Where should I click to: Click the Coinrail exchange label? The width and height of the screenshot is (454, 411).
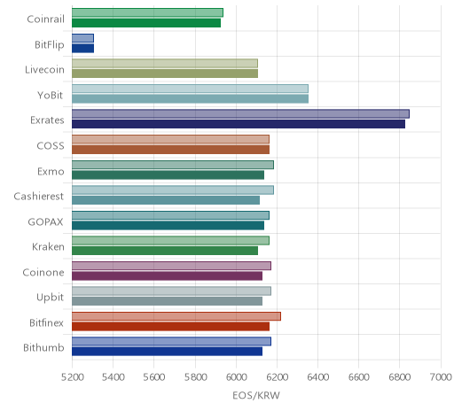click(45, 19)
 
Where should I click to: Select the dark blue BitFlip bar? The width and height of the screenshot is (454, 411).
click(82, 49)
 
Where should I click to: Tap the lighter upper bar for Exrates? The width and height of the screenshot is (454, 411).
click(240, 114)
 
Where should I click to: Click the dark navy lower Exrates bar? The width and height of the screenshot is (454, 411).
click(239, 124)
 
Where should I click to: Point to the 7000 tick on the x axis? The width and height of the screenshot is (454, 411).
click(441, 377)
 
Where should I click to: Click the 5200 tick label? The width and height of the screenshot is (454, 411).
click(73, 377)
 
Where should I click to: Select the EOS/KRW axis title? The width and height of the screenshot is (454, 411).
click(256, 395)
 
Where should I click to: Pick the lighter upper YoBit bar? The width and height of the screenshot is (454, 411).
click(190, 89)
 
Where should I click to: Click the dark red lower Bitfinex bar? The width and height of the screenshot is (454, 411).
click(170, 327)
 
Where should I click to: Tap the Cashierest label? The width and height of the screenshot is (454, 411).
click(39, 197)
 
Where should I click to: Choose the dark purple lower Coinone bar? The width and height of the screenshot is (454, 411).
click(167, 276)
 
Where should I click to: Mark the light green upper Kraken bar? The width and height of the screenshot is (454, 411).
click(170, 241)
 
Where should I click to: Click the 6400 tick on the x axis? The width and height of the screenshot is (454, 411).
click(317, 377)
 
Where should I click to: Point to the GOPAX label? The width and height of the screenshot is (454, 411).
click(45, 221)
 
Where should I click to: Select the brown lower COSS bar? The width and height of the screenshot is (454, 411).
click(170, 150)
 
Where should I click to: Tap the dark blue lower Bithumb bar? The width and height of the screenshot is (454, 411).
click(167, 352)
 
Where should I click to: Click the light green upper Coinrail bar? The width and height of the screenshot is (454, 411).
click(147, 13)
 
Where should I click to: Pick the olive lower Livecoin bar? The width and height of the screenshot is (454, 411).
click(165, 74)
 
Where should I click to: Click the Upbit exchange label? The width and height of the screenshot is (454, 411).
click(50, 298)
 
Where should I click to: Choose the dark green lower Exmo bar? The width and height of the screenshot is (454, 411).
click(168, 175)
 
